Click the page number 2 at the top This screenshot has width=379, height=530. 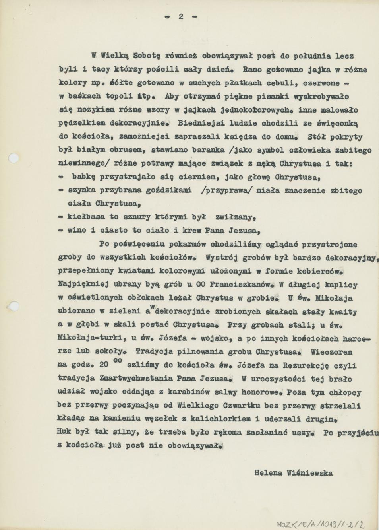pos(181,16)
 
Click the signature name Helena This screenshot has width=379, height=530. pos(268,473)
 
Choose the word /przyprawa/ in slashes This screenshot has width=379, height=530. pos(226,190)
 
